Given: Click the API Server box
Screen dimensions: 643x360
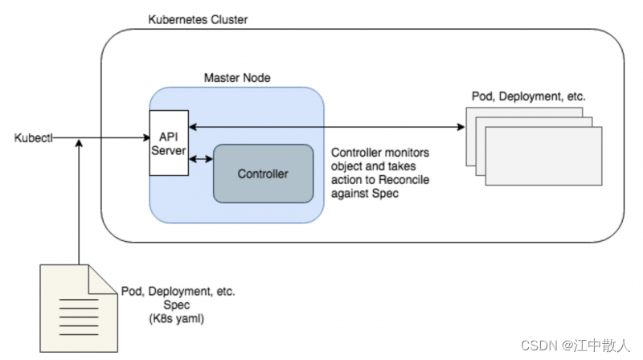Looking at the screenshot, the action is (x=169, y=143).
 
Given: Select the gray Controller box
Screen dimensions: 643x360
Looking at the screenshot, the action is (x=264, y=174).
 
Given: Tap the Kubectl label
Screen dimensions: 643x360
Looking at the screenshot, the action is (x=34, y=138).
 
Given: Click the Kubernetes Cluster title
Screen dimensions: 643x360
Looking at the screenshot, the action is (x=198, y=19).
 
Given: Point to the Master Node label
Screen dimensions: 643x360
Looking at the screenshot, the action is (x=237, y=78).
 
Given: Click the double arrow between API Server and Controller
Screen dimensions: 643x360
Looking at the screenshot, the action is (x=201, y=158).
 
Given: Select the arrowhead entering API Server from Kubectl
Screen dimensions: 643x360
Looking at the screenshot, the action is (x=146, y=137).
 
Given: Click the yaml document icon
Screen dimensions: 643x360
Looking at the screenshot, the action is (x=79, y=309).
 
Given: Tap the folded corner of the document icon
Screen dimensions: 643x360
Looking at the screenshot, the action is (x=103, y=279).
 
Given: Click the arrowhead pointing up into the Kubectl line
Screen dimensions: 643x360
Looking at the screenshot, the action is (x=79, y=143).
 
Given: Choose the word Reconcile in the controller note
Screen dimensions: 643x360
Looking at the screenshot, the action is (x=404, y=179).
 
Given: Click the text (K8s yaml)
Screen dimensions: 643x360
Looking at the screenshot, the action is (x=176, y=318).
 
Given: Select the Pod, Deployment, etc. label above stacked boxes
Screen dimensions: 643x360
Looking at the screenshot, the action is (x=529, y=96).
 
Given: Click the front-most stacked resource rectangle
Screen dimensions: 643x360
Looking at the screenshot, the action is (x=544, y=156).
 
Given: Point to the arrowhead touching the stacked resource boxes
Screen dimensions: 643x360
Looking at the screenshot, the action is (x=461, y=127).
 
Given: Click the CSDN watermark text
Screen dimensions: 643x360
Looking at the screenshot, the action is (x=575, y=346).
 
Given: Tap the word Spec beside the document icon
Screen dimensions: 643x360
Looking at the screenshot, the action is (x=177, y=305).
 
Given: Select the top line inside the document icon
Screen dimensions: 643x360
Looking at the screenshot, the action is (x=79, y=300).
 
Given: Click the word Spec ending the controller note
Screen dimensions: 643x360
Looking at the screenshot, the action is (x=386, y=194).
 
